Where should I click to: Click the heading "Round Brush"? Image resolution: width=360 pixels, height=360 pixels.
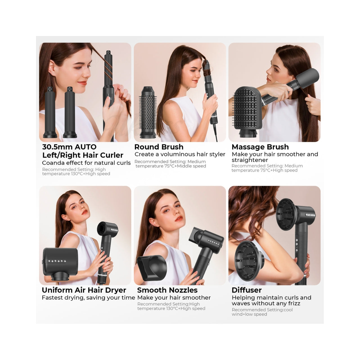coord(159,147)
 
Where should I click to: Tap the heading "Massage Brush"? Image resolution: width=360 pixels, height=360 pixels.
coord(260,147)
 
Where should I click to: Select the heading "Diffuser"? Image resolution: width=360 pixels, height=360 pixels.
coord(247,290)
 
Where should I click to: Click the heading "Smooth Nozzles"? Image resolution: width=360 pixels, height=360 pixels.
coord(167,290)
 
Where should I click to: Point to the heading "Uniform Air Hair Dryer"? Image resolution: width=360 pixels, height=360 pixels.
coord(84,290)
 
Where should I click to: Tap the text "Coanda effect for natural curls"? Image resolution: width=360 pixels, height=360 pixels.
coord(86,163)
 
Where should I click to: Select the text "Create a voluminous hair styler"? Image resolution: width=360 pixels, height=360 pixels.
coord(180,154)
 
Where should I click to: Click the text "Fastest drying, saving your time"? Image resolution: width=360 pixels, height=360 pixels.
coord(88,298)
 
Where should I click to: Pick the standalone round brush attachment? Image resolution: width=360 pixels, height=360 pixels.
coord(148,112)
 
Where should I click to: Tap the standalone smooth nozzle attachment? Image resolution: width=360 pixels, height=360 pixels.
coord(152,267)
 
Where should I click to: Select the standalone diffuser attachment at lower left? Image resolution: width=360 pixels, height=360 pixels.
coord(249,261)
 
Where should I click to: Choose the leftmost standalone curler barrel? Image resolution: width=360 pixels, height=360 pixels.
coord(50,112)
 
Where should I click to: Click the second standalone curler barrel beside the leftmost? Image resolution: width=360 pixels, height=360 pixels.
coord(70,112)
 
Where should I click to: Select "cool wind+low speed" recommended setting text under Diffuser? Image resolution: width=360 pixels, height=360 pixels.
coord(262,312)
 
